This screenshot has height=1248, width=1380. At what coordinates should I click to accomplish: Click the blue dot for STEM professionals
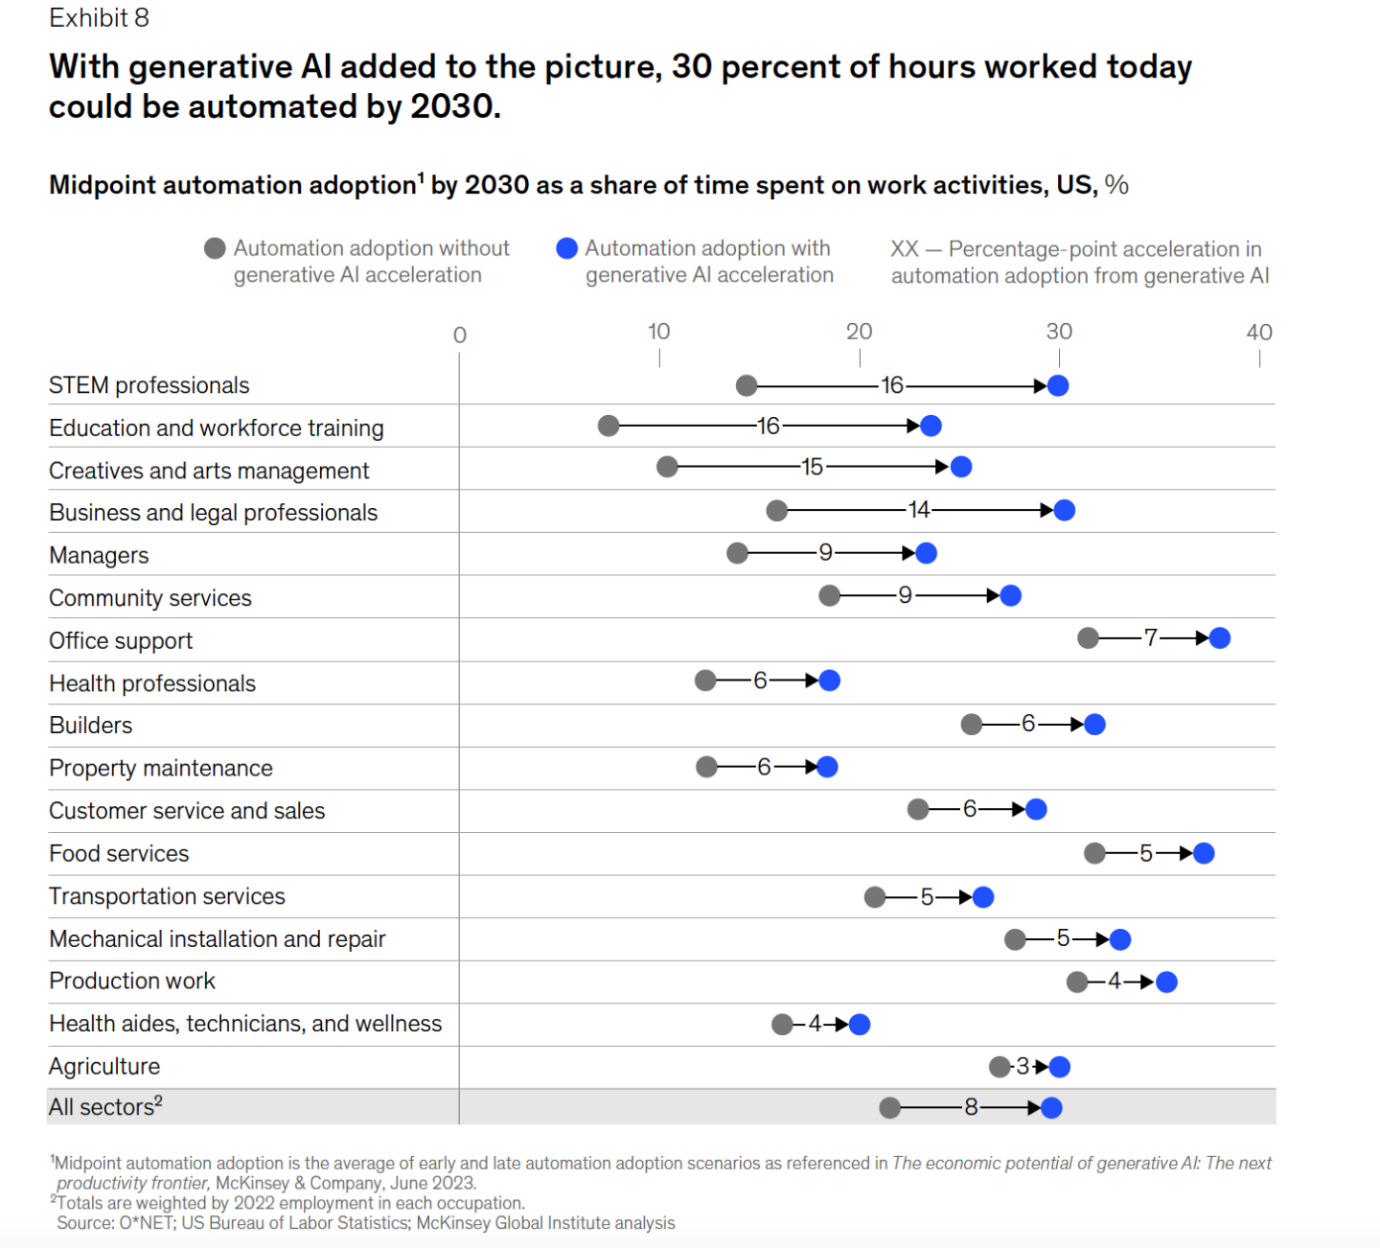click(1058, 385)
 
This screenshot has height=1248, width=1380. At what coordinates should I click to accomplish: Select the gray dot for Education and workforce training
click(609, 426)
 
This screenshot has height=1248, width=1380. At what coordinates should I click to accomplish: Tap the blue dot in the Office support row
click(1219, 638)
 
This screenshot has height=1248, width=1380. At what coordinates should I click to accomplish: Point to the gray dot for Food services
click(1094, 853)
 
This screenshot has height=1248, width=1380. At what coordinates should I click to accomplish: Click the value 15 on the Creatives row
click(813, 467)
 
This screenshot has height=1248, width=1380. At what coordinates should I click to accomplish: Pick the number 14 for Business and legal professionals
click(919, 510)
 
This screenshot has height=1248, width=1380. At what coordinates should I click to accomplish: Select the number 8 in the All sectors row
click(971, 1108)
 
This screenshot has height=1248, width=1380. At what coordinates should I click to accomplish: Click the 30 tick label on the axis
click(1059, 332)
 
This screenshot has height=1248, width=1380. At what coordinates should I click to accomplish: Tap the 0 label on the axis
click(460, 335)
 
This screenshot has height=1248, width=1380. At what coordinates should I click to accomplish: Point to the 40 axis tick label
click(1259, 333)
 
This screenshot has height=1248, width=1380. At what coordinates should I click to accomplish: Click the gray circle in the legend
click(215, 248)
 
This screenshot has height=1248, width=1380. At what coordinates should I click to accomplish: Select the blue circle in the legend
click(566, 248)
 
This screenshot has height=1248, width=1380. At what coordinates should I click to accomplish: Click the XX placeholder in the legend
click(905, 249)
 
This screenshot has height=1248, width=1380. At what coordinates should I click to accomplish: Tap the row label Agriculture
click(104, 1067)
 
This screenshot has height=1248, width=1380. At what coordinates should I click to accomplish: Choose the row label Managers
click(99, 556)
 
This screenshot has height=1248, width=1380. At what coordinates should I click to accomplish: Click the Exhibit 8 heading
click(99, 18)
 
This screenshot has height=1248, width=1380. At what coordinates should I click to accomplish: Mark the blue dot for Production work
click(1166, 982)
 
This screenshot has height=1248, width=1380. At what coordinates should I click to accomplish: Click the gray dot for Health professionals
click(705, 681)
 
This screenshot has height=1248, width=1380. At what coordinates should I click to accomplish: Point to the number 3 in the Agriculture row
click(1023, 1066)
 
